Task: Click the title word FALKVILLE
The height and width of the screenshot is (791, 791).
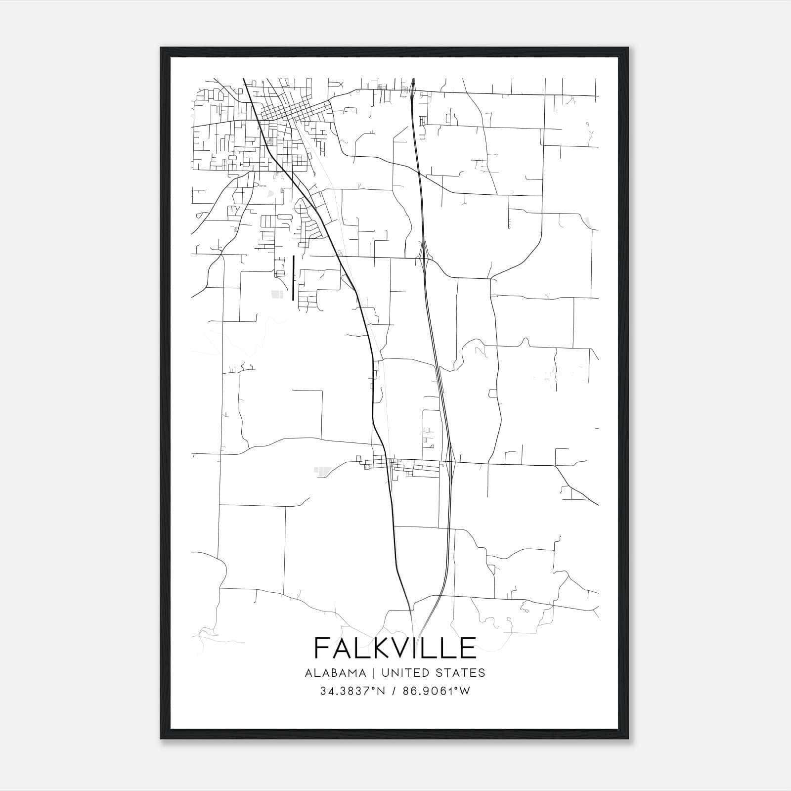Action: [395, 648]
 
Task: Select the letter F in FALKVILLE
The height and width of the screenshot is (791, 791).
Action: [322, 648]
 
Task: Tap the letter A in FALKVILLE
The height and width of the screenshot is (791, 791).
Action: [343, 648]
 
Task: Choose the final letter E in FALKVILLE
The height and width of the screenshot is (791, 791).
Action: [467, 648]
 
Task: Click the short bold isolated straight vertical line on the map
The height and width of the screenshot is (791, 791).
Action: [294, 278]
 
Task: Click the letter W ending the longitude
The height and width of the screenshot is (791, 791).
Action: [465, 691]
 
